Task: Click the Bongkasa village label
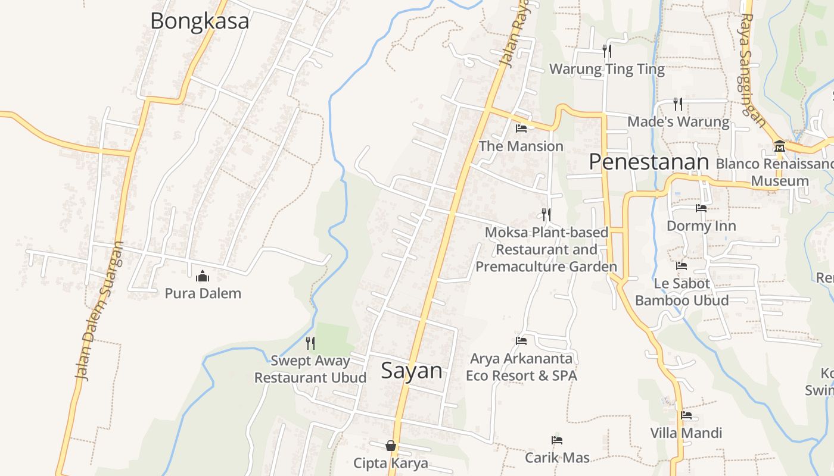pos(199,21)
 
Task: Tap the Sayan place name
pos(412,371)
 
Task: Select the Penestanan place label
pos(649,162)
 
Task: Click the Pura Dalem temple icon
pos(203,276)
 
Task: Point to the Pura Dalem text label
pos(203,293)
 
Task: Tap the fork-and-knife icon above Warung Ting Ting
pos(606,51)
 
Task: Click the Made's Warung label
pos(678,122)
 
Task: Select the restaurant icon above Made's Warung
pos(678,104)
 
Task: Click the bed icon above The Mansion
pos(521,129)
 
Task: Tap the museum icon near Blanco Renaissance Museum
pos(779,146)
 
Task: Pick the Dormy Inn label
pos(701,226)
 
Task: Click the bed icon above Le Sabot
pos(681,266)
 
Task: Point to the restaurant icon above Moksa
pos(546,214)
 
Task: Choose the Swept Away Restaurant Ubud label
pos(310,369)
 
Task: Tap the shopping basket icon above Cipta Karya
pos(391,446)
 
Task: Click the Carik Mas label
pos(557,458)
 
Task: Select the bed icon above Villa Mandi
pos(686,415)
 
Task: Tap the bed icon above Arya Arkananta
pos(521,341)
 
